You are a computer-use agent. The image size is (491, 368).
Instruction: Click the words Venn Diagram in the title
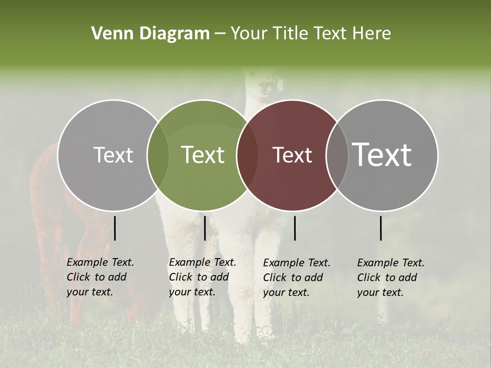point(150,34)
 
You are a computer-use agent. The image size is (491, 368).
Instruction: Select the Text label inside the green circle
point(203,155)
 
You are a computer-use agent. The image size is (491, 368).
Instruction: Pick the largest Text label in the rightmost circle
point(382,154)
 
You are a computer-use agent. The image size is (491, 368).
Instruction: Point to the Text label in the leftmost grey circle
point(113,155)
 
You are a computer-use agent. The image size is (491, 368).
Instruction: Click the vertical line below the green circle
point(205,228)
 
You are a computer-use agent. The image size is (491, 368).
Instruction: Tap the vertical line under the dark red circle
point(295,228)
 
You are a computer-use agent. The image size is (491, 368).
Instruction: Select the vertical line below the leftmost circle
point(115,228)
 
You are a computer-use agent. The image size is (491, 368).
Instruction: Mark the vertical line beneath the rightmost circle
point(381,228)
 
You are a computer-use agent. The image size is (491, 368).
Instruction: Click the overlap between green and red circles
point(248,155)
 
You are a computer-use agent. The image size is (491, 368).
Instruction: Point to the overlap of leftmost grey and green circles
point(158,155)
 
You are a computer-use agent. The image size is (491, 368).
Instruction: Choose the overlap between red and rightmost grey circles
point(337,155)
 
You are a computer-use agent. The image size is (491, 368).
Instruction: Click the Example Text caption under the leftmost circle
point(100,277)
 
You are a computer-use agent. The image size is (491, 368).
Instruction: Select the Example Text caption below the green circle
point(203,277)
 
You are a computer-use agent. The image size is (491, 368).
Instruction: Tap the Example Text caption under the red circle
point(297,278)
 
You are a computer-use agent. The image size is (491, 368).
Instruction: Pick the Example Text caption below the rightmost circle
point(391,278)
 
